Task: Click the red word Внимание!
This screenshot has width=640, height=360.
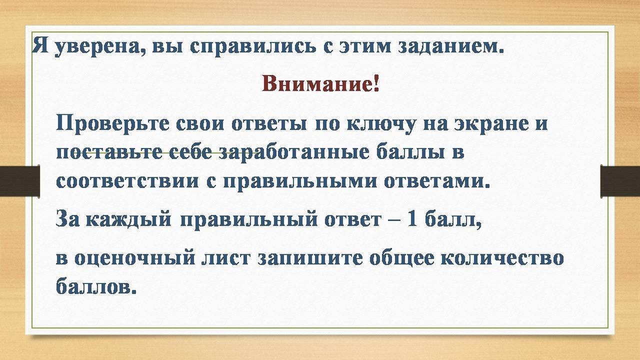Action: pyautogui.click(x=320, y=83)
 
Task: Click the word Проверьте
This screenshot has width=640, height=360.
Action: pyautogui.click(x=112, y=123)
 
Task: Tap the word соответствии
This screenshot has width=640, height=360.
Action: pyautogui.click(x=127, y=181)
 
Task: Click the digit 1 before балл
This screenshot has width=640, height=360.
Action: pyautogui.click(x=411, y=219)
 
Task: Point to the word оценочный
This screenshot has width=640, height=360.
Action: pyautogui.click(x=135, y=257)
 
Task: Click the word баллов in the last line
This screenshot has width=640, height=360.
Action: pyautogui.click(x=96, y=285)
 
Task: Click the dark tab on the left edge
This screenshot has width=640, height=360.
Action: pyautogui.click(x=19, y=180)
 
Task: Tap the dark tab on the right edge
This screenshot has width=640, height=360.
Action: pyautogui.click(x=620, y=180)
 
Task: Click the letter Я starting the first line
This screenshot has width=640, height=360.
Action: pyautogui.click(x=40, y=45)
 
